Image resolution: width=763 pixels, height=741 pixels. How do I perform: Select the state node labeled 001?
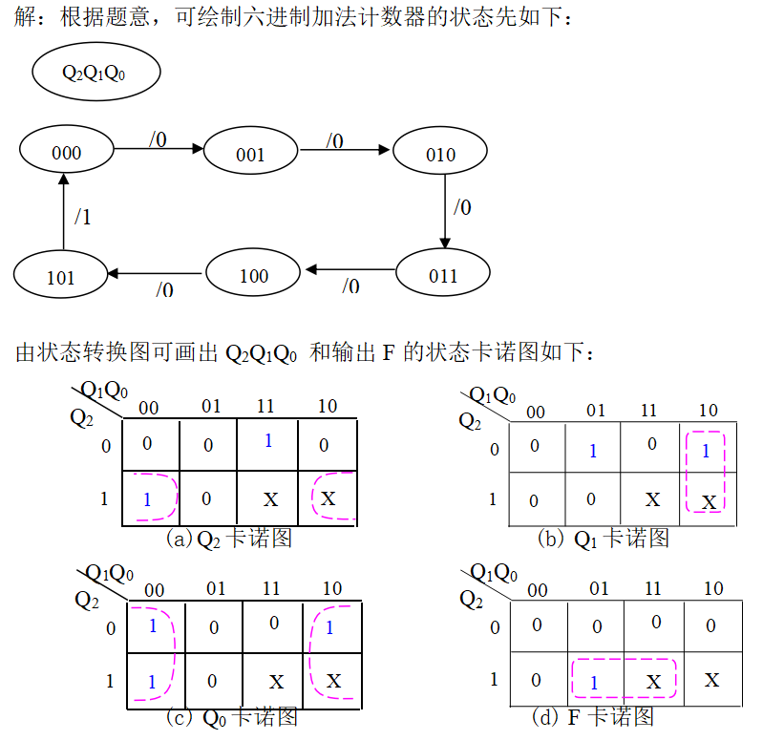(250, 154)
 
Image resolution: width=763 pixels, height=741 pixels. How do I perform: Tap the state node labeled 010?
(440, 154)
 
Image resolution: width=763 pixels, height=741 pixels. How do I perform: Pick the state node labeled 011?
(442, 276)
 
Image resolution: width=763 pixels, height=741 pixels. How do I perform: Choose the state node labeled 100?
(253, 275)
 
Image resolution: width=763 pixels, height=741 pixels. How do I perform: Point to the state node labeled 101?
(60, 278)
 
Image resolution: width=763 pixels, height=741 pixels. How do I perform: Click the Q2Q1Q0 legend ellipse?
(94, 73)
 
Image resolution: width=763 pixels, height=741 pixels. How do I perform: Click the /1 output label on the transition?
(83, 217)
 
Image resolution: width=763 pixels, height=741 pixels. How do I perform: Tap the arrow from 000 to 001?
(159, 148)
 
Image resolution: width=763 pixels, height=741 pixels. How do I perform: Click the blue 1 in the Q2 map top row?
(268, 441)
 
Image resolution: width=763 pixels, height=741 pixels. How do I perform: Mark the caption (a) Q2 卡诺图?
(228, 539)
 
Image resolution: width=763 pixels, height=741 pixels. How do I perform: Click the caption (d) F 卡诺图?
(593, 716)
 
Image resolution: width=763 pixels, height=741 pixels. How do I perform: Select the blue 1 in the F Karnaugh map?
(594, 683)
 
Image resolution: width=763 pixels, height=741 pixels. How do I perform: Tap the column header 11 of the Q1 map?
(649, 411)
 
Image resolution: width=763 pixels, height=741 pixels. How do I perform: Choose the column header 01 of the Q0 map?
(216, 588)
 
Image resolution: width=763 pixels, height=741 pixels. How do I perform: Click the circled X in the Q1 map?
(709, 501)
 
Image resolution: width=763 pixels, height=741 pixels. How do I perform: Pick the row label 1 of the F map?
(494, 680)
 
